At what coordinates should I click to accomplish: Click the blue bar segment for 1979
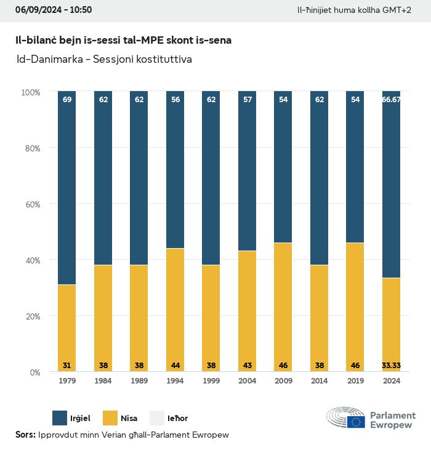67,188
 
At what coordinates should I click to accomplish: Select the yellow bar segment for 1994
175,310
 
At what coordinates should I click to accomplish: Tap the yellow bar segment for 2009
283,307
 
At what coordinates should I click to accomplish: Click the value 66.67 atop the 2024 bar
391,99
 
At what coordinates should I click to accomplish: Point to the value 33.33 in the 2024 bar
391,365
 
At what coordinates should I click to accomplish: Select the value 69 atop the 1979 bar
67,99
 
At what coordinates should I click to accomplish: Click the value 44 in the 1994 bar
175,365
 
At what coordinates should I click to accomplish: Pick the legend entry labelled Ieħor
177,418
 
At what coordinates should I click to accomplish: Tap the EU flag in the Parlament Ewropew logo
356,422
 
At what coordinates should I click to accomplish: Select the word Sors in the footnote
25,435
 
